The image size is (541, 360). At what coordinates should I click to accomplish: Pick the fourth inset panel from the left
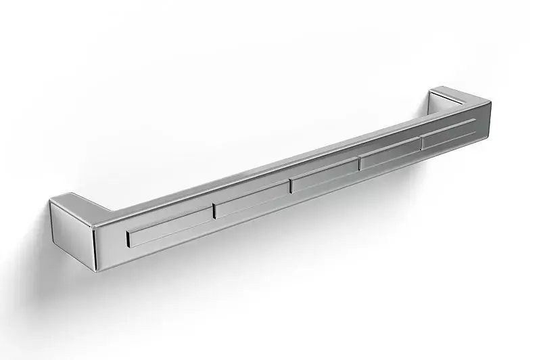point(390,154)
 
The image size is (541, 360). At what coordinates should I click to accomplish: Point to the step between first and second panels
point(214,210)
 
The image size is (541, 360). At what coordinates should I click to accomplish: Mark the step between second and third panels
point(291,186)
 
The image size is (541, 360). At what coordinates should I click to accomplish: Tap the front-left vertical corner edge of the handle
point(95,240)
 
